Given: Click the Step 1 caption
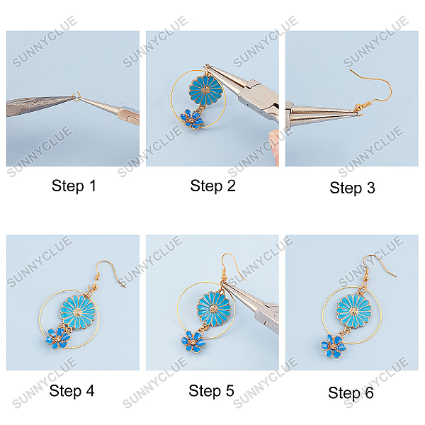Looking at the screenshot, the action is pyautogui.click(x=74, y=186).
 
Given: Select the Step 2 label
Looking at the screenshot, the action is pyautogui.click(x=212, y=186).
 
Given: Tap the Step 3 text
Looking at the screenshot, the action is pyautogui.click(x=352, y=188).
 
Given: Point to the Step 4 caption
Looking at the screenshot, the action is pyautogui.click(x=72, y=390).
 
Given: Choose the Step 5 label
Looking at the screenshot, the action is pyautogui.click(x=211, y=390).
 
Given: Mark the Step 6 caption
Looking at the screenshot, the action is pyautogui.click(x=351, y=392).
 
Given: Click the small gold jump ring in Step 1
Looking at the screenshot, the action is pyautogui.click(x=76, y=97).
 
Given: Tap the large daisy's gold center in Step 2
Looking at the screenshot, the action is pyautogui.click(x=205, y=90).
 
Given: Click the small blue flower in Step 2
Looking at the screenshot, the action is pyautogui.click(x=192, y=118).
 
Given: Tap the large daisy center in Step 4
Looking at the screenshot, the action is pyautogui.click(x=77, y=312).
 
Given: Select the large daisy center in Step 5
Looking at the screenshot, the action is pyautogui.click(x=214, y=308).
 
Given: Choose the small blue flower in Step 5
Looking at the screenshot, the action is pyautogui.click(x=193, y=341).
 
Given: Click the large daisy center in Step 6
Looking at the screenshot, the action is pyautogui.click(x=353, y=311).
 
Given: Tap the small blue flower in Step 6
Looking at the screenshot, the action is pyautogui.click(x=333, y=346).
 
